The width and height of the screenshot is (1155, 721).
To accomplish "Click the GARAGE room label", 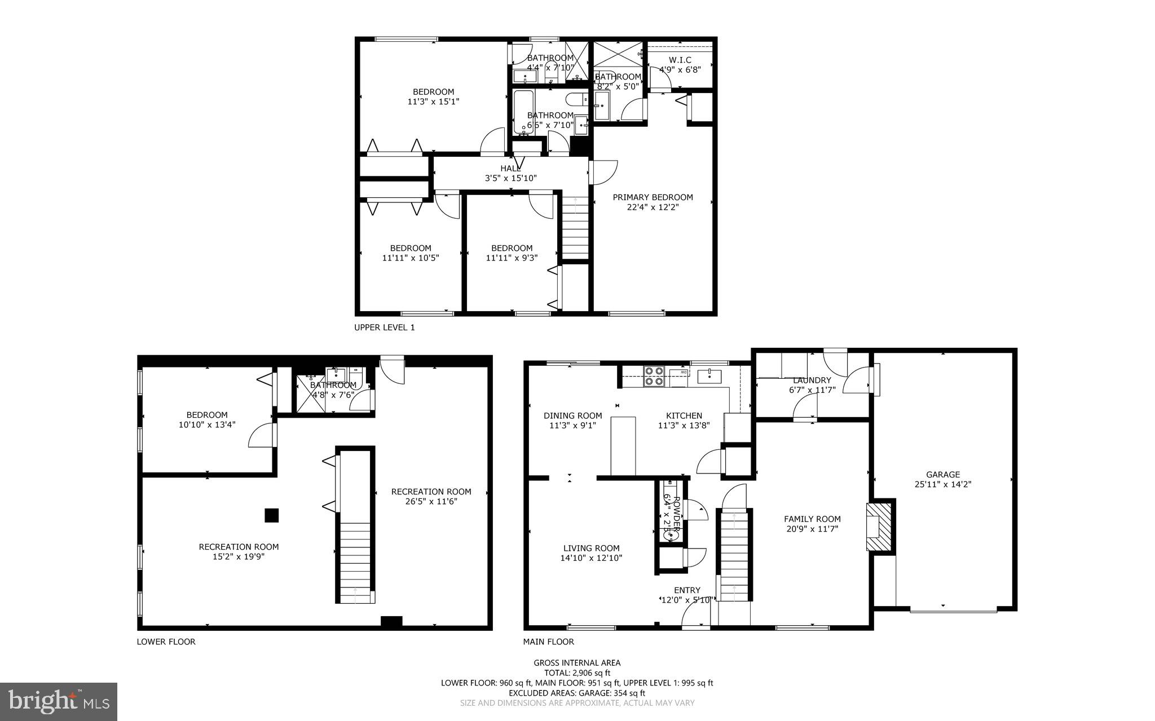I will click(x=942, y=475).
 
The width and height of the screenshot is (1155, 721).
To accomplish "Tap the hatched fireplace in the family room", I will click(x=878, y=527).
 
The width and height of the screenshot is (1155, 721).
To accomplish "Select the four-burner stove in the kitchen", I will click(x=654, y=376).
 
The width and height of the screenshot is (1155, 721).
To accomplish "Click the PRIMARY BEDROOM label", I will click(x=653, y=197).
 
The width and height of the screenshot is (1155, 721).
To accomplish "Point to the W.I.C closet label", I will click(x=680, y=60).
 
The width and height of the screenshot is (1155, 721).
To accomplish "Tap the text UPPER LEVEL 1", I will click(x=384, y=328).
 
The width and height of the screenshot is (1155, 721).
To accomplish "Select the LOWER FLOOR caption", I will click(x=166, y=642).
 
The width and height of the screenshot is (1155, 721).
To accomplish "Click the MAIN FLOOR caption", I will click(x=548, y=642).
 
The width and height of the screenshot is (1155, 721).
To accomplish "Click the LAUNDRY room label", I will click(x=812, y=381).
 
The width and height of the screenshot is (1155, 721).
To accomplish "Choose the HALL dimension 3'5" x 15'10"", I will click(x=510, y=178).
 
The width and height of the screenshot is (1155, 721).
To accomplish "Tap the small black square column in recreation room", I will click(x=272, y=515).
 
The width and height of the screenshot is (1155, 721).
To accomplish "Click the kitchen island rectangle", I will click(x=623, y=446).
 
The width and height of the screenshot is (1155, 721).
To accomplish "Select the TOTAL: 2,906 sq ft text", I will click(x=577, y=673).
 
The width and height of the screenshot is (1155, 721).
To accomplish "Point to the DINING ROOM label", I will click(x=572, y=416).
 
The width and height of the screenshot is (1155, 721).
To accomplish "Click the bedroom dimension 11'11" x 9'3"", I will click(x=512, y=258).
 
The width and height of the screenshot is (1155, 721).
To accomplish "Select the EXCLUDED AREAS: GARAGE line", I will click(x=577, y=693).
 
